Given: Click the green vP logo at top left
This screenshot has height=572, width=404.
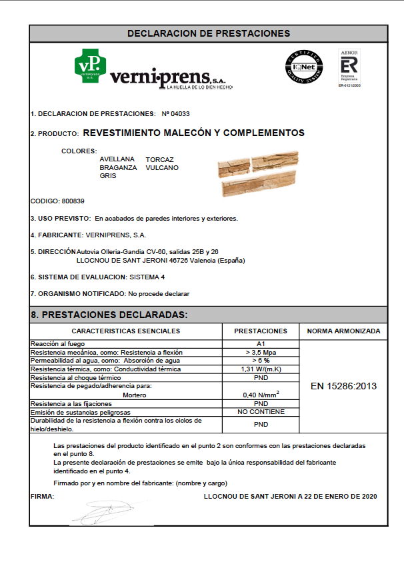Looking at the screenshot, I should click(x=89, y=66).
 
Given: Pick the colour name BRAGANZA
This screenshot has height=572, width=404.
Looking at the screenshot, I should click(x=118, y=168).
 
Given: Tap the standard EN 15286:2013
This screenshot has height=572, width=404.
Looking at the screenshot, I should click(x=343, y=386).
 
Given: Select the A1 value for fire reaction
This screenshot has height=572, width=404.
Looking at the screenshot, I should click(x=261, y=343).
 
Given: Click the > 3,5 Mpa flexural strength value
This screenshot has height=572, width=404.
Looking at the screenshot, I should click(x=261, y=352).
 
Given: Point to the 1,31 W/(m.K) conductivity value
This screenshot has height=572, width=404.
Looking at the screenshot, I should click(x=261, y=369).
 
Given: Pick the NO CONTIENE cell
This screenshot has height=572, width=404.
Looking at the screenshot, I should click(x=261, y=412).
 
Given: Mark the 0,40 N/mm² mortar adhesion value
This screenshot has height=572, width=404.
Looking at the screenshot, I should click(x=261, y=394).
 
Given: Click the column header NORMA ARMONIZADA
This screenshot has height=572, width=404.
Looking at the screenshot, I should click(x=343, y=331).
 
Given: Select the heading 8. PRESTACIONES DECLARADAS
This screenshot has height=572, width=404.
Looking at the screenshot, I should click(x=109, y=315).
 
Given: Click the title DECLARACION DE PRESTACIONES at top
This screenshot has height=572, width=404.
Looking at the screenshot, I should click(x=209, y=33).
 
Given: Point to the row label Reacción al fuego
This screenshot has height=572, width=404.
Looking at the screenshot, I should click(x=59, y=343).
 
